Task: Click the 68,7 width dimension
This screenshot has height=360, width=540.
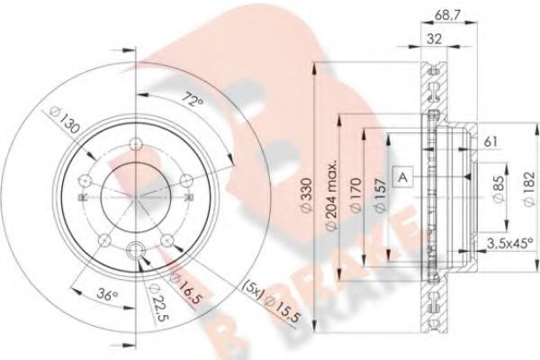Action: pos(447,14)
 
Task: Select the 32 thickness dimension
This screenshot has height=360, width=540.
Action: pos(434,39)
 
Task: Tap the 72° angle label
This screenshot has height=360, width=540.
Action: pos(193,100)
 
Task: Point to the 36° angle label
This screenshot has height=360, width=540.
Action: pos(107,294)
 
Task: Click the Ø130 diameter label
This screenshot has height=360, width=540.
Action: pos(65,120)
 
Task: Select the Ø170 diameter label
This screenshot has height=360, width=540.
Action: pos(355,194)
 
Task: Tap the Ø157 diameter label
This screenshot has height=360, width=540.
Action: pos(380,195)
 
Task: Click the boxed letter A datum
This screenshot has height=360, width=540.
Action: pos(402,177)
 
